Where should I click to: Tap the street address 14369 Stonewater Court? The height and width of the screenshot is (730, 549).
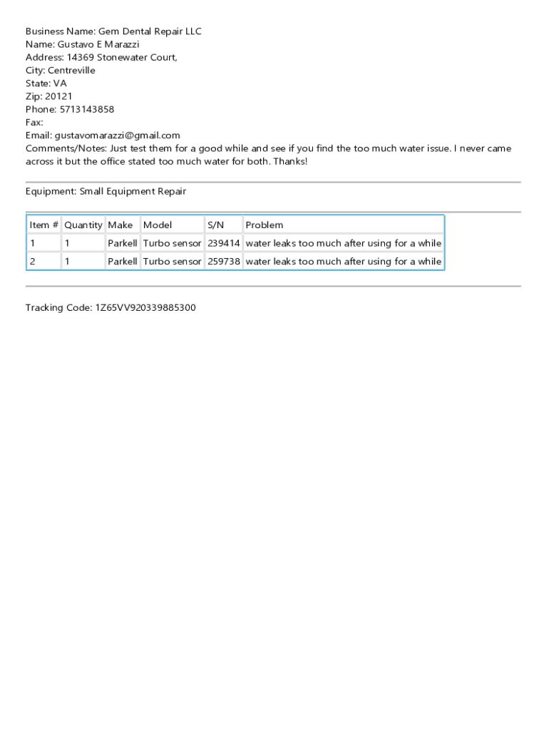121,57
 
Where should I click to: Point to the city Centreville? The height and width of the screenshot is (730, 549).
71,71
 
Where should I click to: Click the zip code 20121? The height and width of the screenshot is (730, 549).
58,96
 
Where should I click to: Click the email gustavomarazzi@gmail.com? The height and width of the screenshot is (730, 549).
118,135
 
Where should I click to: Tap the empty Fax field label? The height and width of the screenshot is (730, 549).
34,123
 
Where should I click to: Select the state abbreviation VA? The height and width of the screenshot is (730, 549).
60,83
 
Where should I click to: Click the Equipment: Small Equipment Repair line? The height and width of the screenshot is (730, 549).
106,191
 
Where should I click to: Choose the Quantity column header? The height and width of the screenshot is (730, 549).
83,225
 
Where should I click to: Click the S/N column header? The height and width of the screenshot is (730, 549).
215,225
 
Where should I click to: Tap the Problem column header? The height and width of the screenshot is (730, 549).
264,225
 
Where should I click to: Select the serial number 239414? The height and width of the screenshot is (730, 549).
224,243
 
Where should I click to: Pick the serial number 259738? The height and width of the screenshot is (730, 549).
224,262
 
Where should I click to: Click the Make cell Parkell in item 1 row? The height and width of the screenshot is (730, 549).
123,243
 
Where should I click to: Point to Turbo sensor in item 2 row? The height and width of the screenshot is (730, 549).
173,262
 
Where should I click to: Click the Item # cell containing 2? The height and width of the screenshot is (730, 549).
32,262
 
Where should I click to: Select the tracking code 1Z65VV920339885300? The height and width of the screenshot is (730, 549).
145,308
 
